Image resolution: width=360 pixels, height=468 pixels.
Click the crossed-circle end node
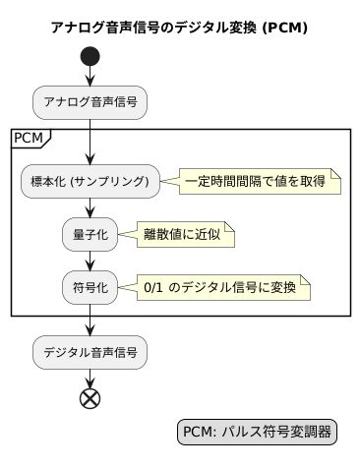[x=90, y=398]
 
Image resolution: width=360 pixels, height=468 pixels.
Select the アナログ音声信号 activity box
[x=90, y=100]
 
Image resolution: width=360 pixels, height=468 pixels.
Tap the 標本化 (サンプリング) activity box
[x=90, y=181]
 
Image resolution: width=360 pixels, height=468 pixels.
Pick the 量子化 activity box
[x=90, y=234]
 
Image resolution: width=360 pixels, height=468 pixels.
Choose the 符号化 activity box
[x=90, y=288]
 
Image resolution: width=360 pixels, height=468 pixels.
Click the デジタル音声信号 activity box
[x=90, y=350]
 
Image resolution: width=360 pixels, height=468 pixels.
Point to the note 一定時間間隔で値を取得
[x=260, y=181]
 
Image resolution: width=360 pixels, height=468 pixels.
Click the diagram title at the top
[x=180, y=28]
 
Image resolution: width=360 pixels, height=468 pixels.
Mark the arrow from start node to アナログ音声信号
[x=90, y=77]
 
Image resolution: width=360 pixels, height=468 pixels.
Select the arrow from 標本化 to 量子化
[x=90, y=207]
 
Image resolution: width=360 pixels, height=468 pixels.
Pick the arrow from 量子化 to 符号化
[x=90, y=261]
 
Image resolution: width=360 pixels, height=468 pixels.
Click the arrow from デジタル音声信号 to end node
[x=90, y=377]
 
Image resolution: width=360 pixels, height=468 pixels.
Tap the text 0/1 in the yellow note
[x=154, y=288]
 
